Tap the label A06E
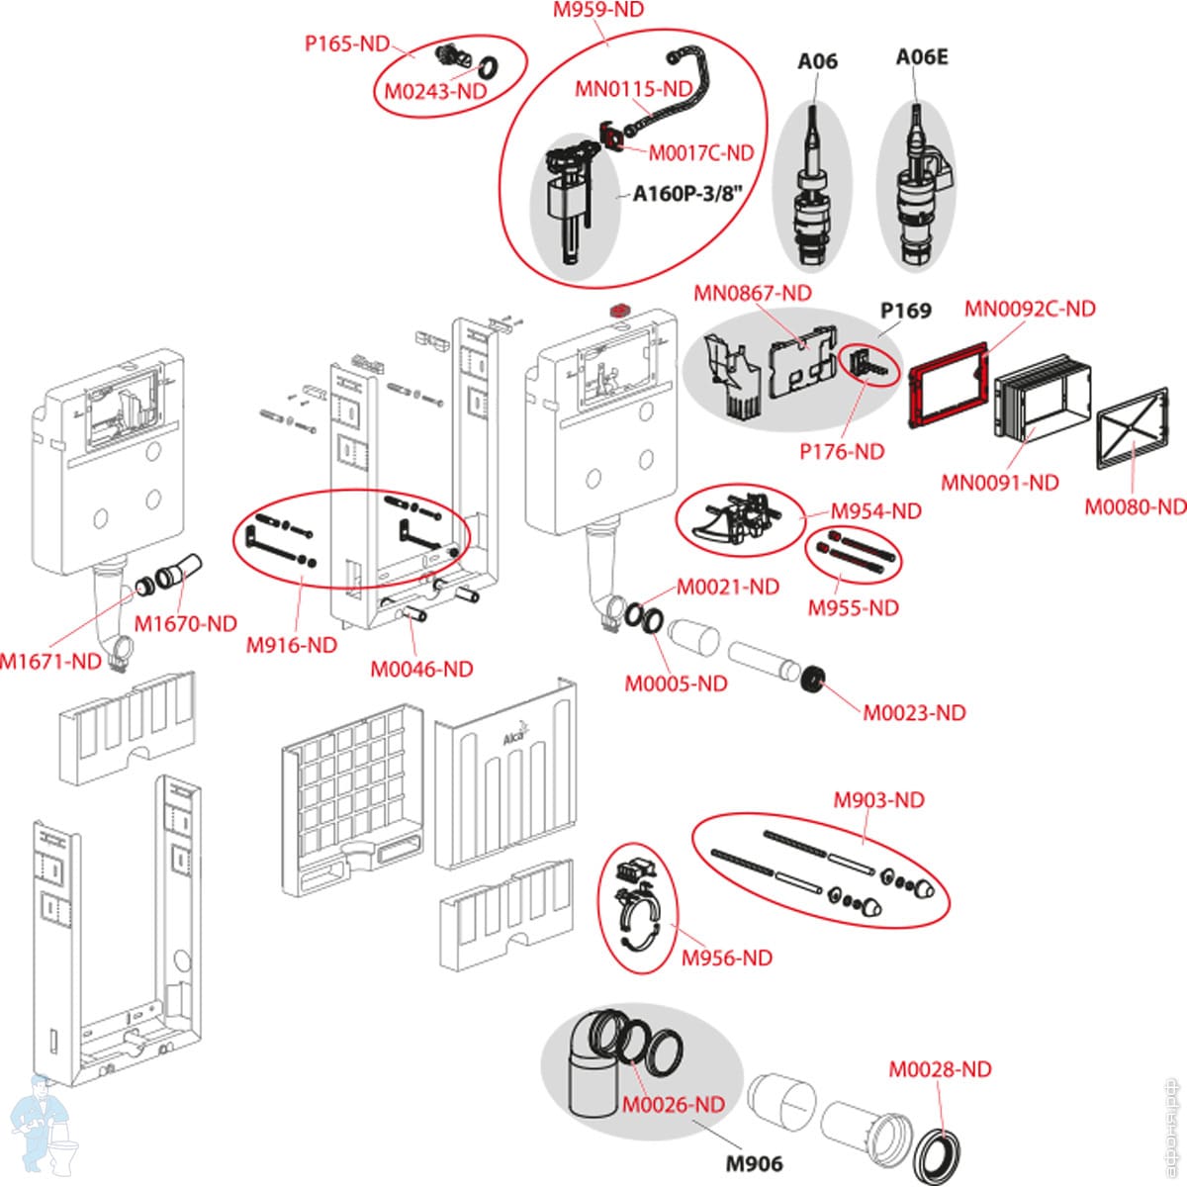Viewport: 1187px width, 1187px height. click(921, 57)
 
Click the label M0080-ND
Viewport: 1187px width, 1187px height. click(1135, 506)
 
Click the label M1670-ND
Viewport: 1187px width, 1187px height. click(186, 623)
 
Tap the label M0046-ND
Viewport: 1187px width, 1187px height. click(421, 669)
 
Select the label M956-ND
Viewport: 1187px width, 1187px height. click(726, 958)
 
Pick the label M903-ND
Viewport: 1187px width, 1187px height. click(878, 799)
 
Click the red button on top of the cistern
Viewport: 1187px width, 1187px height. click(621, 310)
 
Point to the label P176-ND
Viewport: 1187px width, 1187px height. click(841, 451)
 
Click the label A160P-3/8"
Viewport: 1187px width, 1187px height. click(686, 194)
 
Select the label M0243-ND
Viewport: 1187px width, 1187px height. click(435, 91)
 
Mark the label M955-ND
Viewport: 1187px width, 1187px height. click(853, 607)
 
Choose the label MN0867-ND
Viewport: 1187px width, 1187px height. click(752, 293)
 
